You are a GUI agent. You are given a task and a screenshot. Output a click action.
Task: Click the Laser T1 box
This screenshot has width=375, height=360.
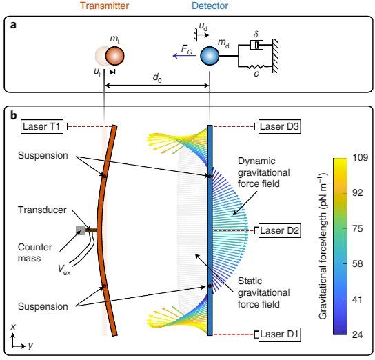tap(42, 126)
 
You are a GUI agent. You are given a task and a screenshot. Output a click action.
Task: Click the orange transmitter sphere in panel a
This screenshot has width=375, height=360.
tap(115, 56)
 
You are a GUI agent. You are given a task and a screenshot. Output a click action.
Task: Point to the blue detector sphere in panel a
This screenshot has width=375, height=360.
tap(210, 56)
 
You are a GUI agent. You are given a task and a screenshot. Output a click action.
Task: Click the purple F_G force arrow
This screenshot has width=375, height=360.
tap(184, 56)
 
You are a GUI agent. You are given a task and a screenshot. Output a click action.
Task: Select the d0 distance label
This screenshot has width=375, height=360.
tap(157, 78)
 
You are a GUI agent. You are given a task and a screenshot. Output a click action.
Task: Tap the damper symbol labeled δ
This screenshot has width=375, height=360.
tap(256, 45)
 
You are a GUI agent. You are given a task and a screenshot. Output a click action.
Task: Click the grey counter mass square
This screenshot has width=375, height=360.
tap(81, 230)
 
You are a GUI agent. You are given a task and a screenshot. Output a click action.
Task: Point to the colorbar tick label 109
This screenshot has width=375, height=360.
tap(361, 157)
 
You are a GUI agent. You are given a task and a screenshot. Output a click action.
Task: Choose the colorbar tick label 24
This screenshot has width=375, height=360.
tap(358, 334)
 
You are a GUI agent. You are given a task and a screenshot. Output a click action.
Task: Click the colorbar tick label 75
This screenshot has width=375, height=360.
tap(358, 228)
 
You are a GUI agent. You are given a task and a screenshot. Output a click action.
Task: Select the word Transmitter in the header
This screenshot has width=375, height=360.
tap(105, 6)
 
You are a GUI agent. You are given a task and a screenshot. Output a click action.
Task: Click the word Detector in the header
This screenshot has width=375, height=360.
tap(210, 6)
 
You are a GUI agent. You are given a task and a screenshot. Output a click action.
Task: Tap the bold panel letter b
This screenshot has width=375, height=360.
tap(14, 115)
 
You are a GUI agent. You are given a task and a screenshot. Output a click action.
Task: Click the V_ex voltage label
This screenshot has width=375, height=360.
tap(64, 270)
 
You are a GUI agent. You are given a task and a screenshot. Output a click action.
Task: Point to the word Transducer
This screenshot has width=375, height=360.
tap(42, 210)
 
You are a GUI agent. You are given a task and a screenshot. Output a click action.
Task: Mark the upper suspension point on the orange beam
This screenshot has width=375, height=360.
tap(104, 176)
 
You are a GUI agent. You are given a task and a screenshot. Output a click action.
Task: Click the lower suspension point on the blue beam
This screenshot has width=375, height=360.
tap(210, 286)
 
